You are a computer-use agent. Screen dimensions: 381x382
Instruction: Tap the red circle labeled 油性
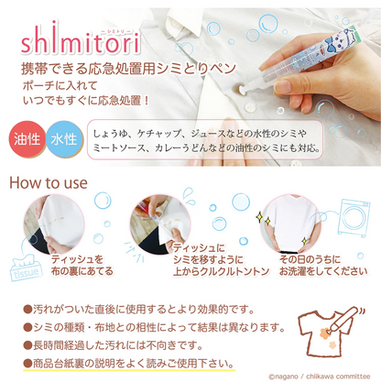click(x=27, y=139)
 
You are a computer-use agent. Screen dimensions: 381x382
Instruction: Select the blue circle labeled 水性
click(x=64, y=139)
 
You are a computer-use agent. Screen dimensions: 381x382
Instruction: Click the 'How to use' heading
click(x=49, y=183)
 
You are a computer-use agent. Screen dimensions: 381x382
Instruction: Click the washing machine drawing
click(x=354, y=217)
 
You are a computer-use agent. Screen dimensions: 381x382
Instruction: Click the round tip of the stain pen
click(x=240, y=89)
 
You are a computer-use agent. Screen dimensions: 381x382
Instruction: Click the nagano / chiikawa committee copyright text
click(x=319, y=377)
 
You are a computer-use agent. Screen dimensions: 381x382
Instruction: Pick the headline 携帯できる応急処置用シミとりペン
click(x=128, y=69)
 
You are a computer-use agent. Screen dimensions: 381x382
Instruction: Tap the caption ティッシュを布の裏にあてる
click(x=82, y=265)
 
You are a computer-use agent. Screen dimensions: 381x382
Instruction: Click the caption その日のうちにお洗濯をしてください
click(x=323, y=265)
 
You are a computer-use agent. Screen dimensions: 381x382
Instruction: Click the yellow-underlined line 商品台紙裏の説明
click(x=128, y=364)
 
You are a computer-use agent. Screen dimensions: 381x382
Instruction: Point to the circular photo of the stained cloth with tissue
click(x=54, y=224)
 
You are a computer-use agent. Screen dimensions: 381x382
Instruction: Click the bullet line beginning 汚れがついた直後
click(x=139, y=310)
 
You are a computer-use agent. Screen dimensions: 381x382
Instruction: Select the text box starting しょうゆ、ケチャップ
click(x=205, y=139)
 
